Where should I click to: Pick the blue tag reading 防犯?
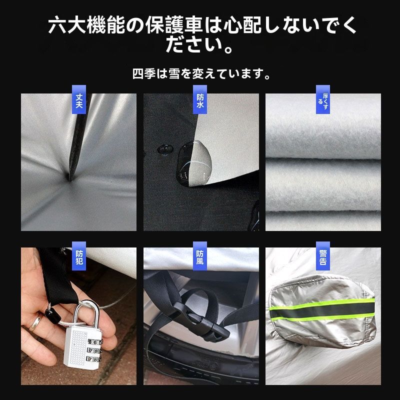pyautogui.click(x=78, y=255)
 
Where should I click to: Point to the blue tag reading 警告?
pyautogui.click(x=323, y=255)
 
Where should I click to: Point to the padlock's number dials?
pyautogui.click(x=94, y=350)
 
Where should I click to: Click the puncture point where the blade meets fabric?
pyautogui.click(x=69, y=176)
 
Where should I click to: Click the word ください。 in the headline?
pyautogui.click(x=200, y=46)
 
